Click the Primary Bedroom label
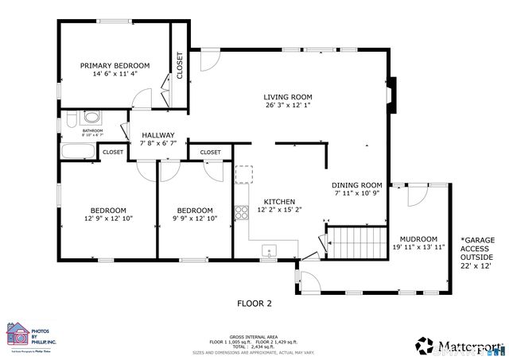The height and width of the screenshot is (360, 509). (x=115, y=65)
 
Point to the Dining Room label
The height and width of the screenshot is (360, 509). (x=357, y=184)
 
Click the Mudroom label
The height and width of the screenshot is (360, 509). (x=418, y=238)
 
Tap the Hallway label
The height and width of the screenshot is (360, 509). (x=157, y=135)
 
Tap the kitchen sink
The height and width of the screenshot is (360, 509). (x=270, y=253)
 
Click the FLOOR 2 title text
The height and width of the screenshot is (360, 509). (x=254, y=303)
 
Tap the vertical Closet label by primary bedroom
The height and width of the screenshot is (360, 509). (x=180, y=65)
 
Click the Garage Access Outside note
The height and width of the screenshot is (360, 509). (x=477, y=253)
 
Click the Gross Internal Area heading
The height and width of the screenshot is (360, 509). (x=254, y=337)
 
